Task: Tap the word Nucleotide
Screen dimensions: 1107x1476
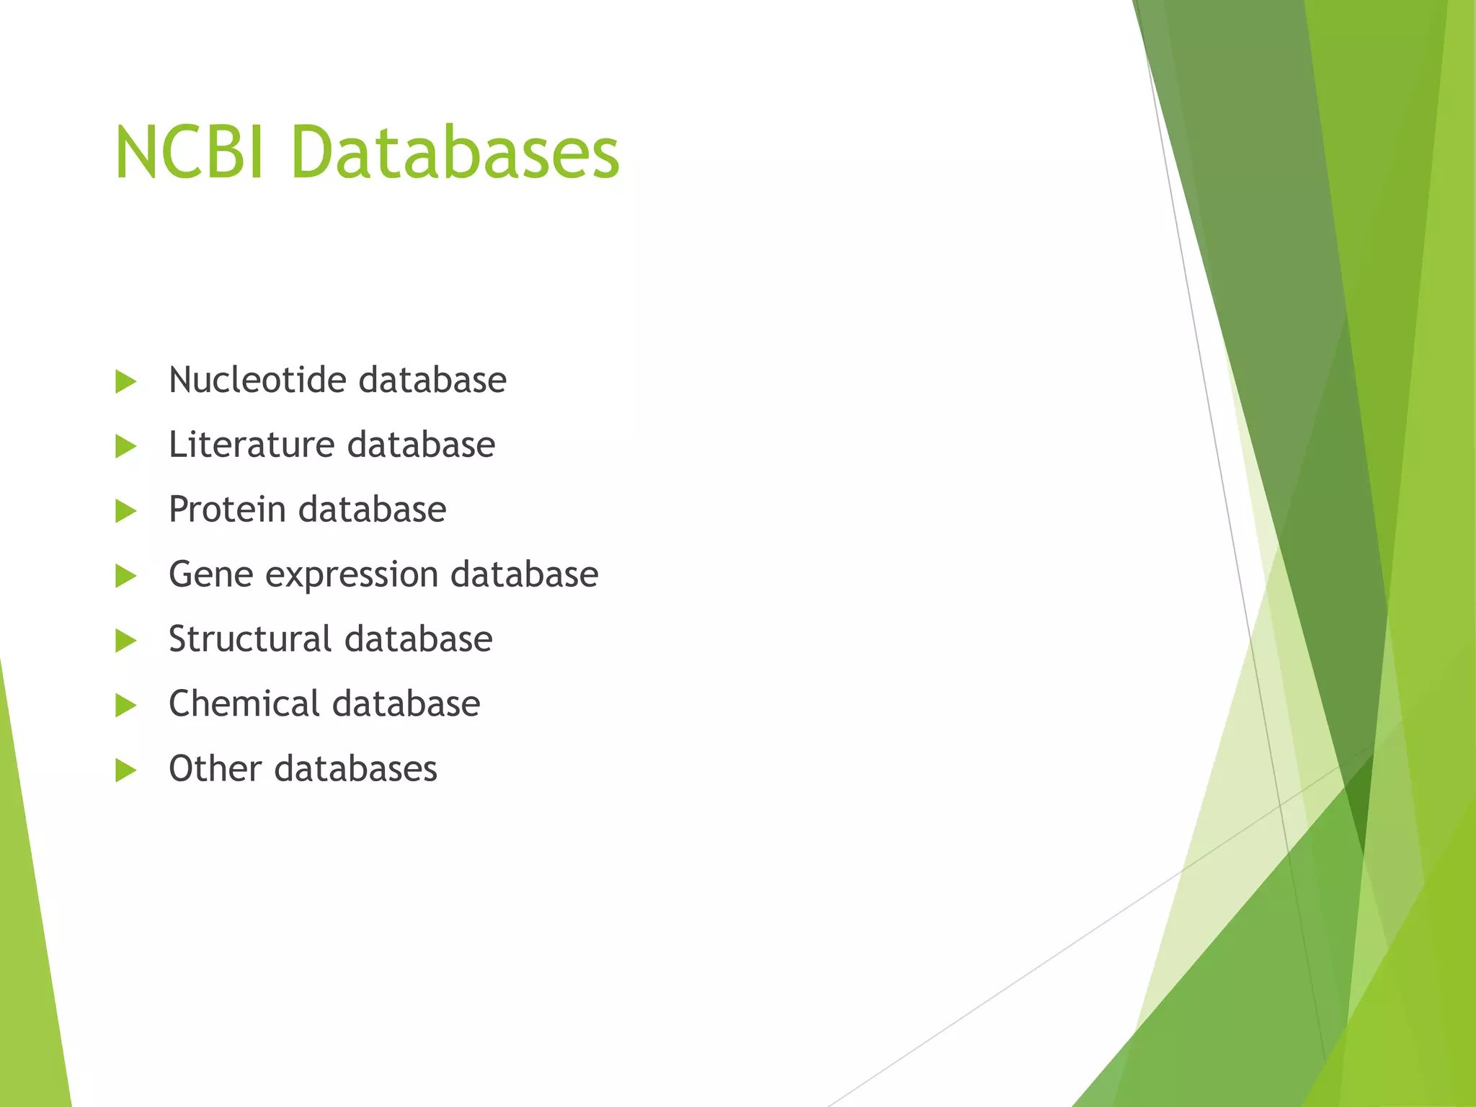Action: click(x=257, y=380)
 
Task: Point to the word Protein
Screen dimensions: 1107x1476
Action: click(x=227, y=510)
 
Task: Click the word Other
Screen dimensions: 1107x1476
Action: click(x=215, y=768)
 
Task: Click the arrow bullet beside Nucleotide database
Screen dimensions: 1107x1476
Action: click(x=125, y=381)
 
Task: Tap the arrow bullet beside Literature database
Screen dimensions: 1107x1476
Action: click(x=125, y=446)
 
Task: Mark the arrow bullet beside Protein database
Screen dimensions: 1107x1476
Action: click(x=125, y=511)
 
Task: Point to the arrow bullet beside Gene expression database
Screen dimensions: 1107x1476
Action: click(x=125, y=576)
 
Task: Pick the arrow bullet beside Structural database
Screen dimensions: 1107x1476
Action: click(x=125, y=640)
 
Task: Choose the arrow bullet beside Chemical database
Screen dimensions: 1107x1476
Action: click(x=125, y=705)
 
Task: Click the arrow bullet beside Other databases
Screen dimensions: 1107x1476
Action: click(x=125, y=770)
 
